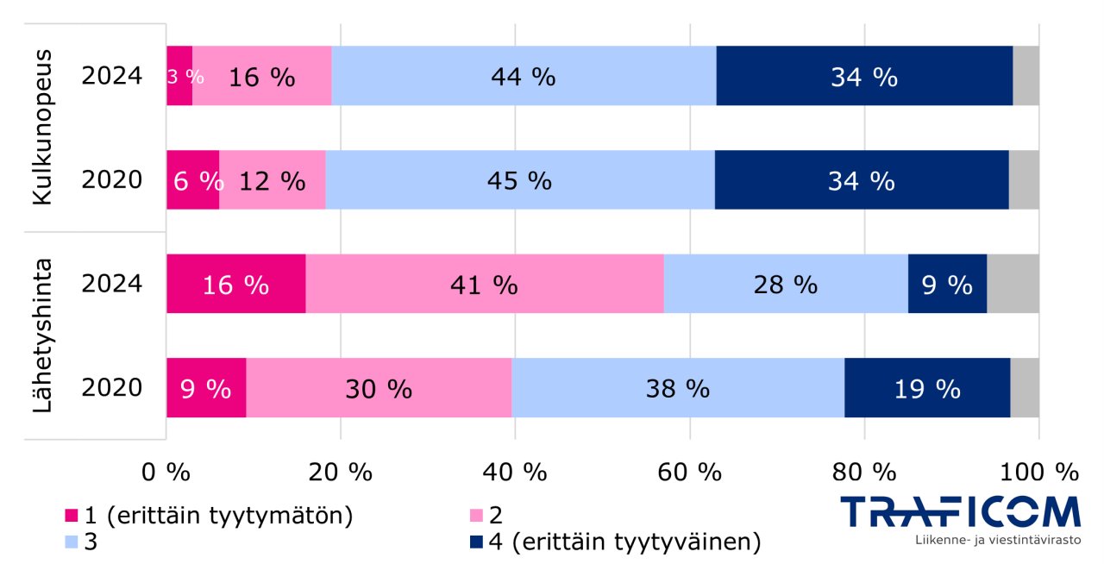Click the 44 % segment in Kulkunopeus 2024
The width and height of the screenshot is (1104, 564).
[x=524, y=77]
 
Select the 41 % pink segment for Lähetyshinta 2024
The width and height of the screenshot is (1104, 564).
[x=485, y=284]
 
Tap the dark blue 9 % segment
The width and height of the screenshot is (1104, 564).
[x=947, y=284]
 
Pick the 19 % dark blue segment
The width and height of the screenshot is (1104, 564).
[x=927, y=388]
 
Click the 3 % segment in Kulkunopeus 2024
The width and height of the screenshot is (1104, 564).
[x=179, y=77]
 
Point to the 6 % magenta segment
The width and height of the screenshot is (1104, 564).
[x=192, y=180]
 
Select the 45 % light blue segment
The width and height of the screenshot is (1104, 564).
[x=520, y=180]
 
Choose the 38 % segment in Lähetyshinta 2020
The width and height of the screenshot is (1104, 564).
[x=678, y=388]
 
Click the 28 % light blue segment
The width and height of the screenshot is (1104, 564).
[x=786, y=284]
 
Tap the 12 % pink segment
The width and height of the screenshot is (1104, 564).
[x=273, y=180]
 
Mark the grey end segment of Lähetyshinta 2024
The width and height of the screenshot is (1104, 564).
[x=1013, y=284]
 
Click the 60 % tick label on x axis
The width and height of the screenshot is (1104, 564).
[x=695, y=472]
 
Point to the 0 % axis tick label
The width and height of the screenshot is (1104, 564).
[x=166, y=472]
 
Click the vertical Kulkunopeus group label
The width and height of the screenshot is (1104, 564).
[x=43, y=128]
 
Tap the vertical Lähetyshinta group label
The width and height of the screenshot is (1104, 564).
[x=43, y=335]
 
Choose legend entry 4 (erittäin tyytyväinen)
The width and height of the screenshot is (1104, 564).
[x=613, y=542]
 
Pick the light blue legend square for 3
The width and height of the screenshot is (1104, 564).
[x=72, y=542]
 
